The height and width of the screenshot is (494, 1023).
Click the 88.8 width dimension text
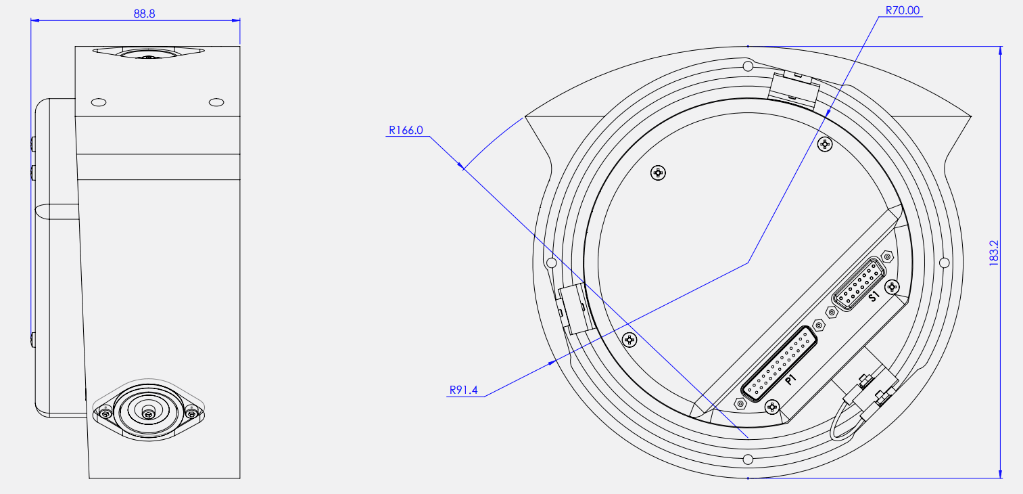pyautogui.click(x=144, y=14)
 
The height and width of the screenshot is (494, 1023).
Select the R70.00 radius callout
pyautogui.click(x=903, y=11)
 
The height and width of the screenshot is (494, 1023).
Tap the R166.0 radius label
pyautogui.click(x=406, y=130)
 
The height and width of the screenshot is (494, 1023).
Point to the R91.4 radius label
pyautogui.click(x=464, y=390)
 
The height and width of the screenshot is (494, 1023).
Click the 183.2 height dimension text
pyautogui.click(x=994, y=253)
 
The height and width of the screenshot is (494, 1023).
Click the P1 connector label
pyautogui.click(x=790, y=379)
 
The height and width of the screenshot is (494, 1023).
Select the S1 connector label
pyautogui.click(x=874, y=296)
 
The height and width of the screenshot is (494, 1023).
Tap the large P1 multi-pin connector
pyautogui.click(x=779, y=364)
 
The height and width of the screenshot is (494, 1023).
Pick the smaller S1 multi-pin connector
pyautogui.click(x=859, y=284)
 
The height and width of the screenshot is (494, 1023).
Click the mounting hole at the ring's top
pyautogui.click(x=748, y=66)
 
